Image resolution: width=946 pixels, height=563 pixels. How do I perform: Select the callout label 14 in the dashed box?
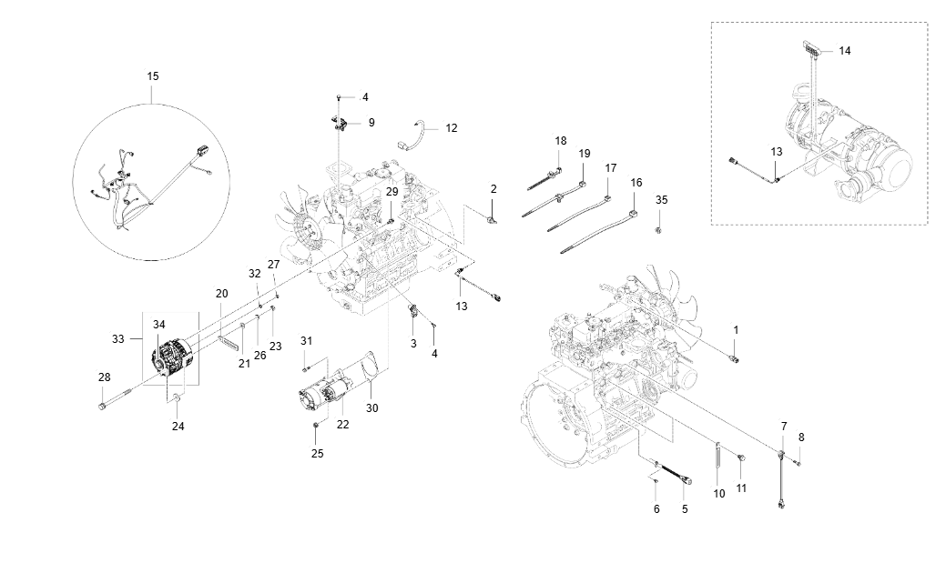pos(845,51)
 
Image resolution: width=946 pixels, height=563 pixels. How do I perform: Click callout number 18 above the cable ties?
pos(560,141)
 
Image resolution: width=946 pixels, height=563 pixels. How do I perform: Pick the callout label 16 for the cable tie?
pos(636,183)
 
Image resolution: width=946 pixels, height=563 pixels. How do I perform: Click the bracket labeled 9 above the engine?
pos(340,122)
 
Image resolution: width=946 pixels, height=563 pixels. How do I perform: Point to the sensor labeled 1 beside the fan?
pos(736,357)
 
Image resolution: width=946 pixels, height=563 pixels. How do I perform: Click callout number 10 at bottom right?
pos(719,493)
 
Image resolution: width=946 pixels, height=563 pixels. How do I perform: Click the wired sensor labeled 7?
pos(782,478)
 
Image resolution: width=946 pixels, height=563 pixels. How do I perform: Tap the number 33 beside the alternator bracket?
pos(117,338)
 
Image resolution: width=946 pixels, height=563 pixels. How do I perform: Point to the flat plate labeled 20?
pos(229,343)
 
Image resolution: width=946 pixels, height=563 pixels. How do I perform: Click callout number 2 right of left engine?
pos(493,189)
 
